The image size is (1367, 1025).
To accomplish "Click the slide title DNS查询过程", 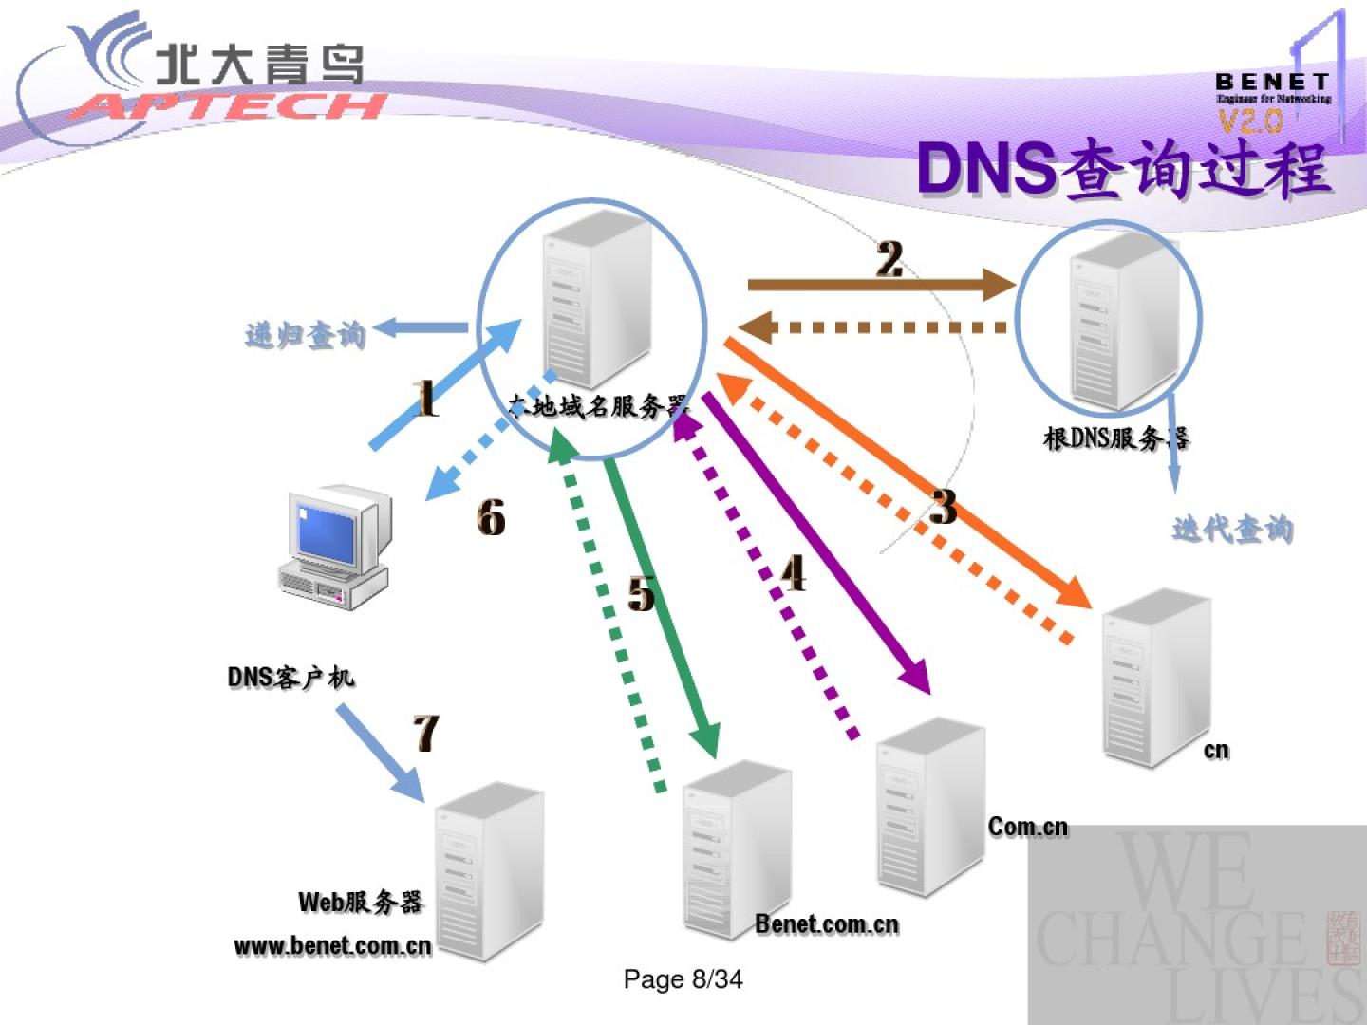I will click(1124, 171).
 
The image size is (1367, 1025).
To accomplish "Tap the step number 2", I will click(889, 259).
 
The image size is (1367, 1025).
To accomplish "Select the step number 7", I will click(426, 733).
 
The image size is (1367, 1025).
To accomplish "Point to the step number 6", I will click(491, 517).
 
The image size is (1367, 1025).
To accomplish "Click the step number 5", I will click(642, 594).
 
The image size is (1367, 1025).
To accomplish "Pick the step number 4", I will click(794, 573).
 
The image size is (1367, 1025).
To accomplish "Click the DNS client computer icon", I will click(334, 546).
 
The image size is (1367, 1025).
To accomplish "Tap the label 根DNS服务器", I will click(1116, 438).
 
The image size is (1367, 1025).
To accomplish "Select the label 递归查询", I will click(305, 335).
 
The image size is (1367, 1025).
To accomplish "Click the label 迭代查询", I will click(1232, 529).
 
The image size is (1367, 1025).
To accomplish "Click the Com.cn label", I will click(1028, 827).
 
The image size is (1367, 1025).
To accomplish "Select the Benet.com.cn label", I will click(827, 923).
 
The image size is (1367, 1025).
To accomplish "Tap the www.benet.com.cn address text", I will click(332, 945).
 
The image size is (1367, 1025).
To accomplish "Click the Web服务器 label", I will click(361, 902).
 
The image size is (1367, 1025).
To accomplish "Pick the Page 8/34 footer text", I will click(683, 979).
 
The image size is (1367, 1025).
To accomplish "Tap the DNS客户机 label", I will click(290, 677).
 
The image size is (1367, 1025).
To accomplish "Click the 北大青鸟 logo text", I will click(259, 65).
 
